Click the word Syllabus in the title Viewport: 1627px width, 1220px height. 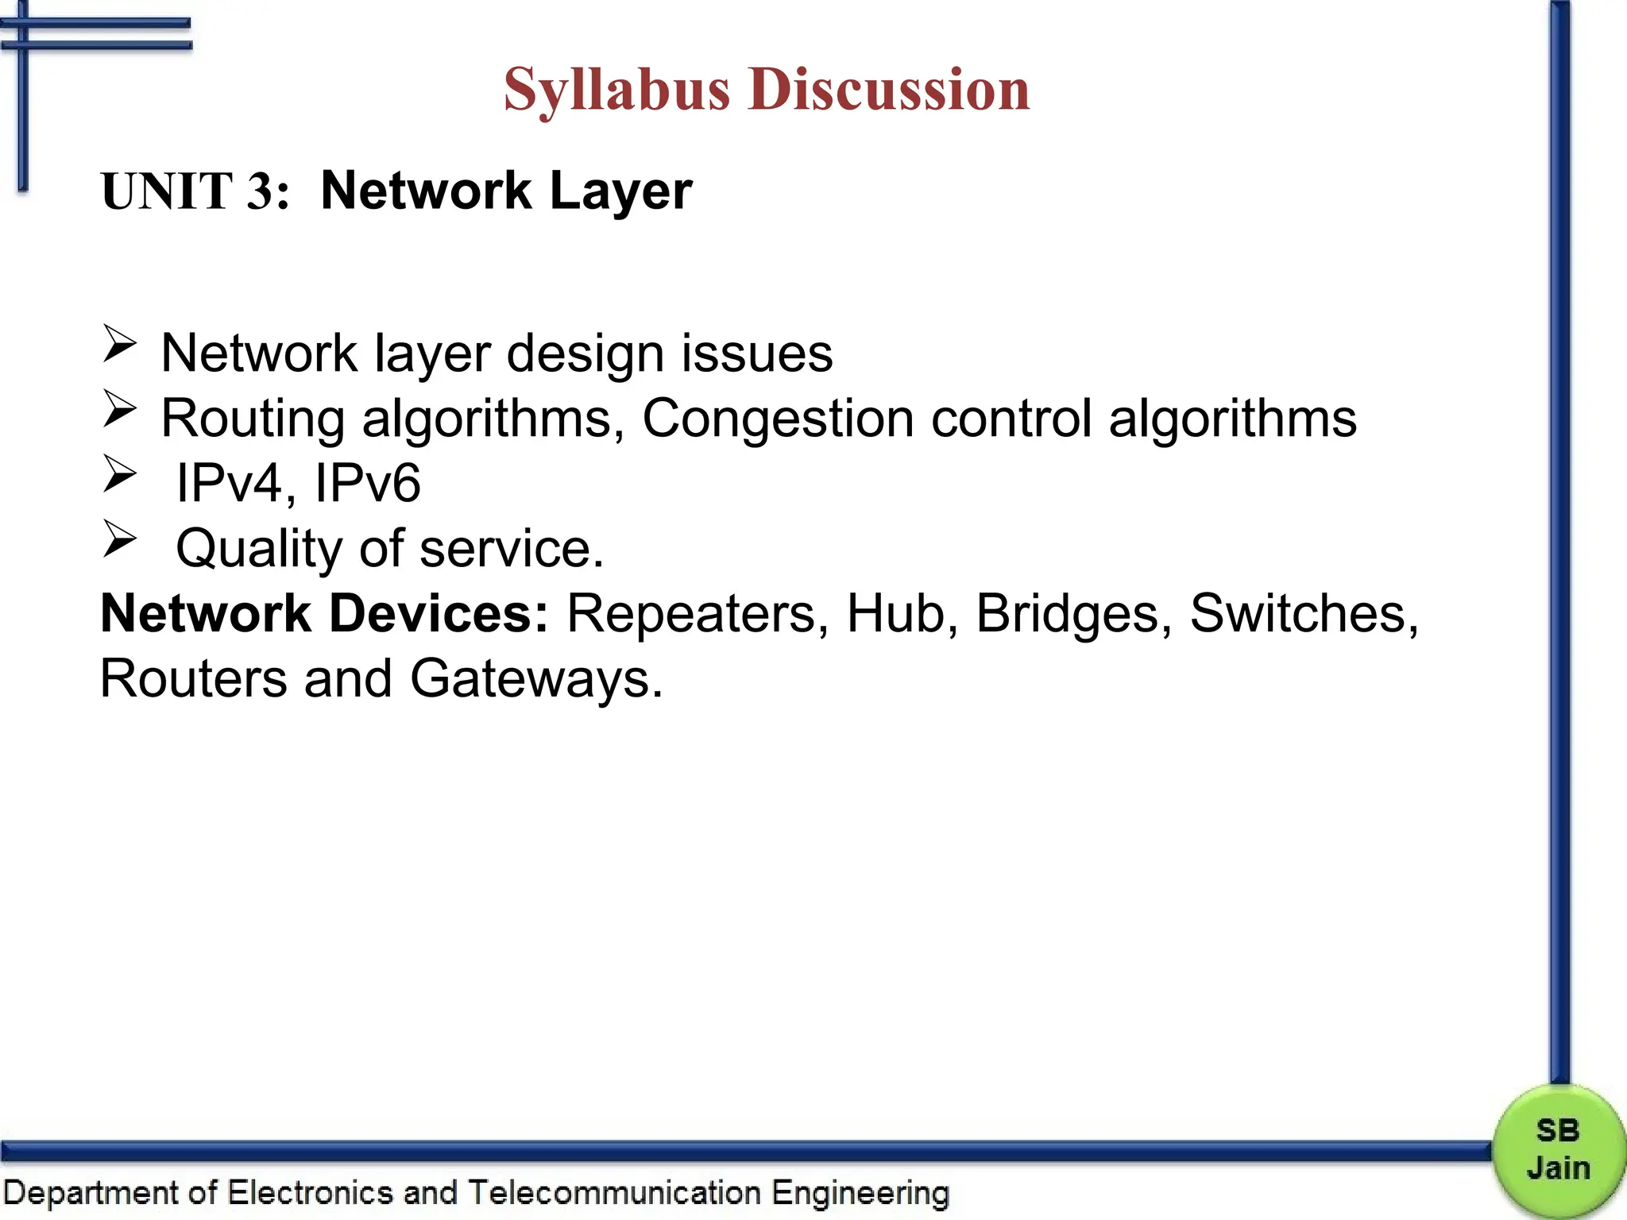point(616,90)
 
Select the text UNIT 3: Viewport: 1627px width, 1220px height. point(195,191)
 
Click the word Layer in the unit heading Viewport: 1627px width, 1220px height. point(620,191)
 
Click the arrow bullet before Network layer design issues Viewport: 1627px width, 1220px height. point(120,345)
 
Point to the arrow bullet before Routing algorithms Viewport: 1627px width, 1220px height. point(120,410)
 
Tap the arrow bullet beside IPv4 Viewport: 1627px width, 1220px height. point(120,475)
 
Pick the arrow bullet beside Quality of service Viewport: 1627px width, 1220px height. point(120,540)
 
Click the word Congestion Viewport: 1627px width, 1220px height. point(778,419)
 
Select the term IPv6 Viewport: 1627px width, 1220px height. point(367,483)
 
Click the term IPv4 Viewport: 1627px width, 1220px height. point(229,483)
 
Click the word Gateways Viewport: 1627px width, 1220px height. point(535,680)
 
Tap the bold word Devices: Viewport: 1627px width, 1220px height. point(439,614)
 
